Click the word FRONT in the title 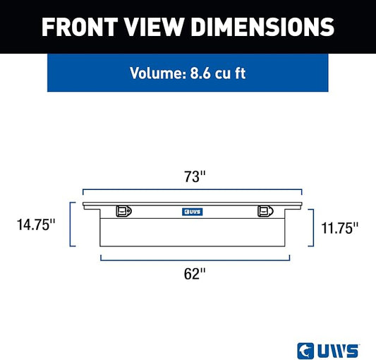click(x=80, y=27)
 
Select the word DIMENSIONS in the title click(x=263, y=27)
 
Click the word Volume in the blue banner click(x=158, y=73)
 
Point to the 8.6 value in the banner click(x=200, y=73)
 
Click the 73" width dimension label click(x=195, y=176)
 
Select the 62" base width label click(x=195, y=274)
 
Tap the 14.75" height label click(x=36, y=225)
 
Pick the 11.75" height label click(x=339, y=228)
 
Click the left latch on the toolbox click(x=123, y=211)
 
